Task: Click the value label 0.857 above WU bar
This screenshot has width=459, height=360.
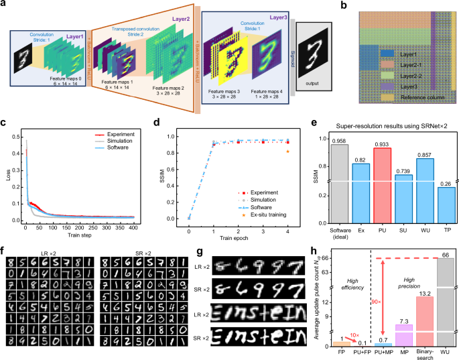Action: coord(418,153)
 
